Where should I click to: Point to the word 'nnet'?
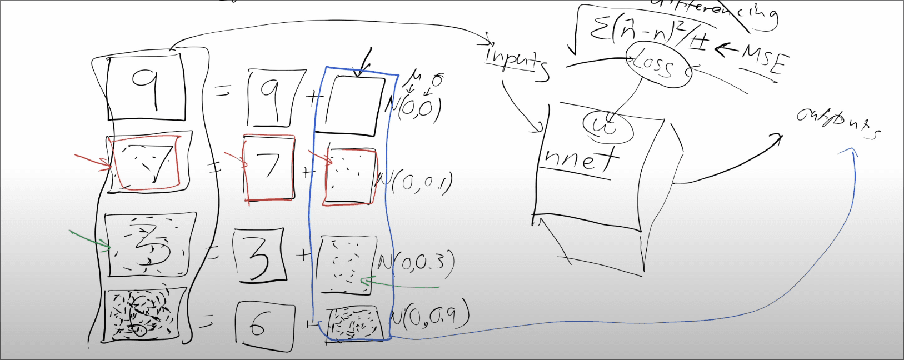[581, 158]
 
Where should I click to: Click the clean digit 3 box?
[259, 257]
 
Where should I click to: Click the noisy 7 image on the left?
[148, 163]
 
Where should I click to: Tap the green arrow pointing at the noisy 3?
[89, 238]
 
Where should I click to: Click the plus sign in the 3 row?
[303, 255]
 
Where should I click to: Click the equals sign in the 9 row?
[223, 92]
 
